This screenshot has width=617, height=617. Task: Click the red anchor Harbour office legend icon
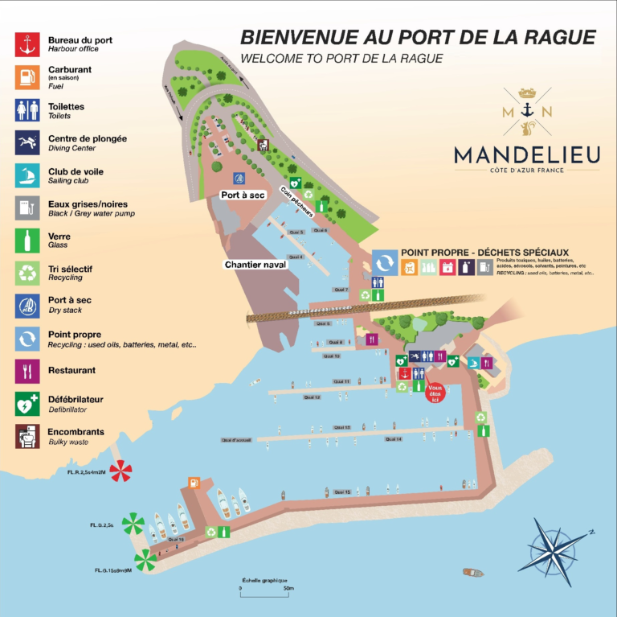27,43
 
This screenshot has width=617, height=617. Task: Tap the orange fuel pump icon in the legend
27,76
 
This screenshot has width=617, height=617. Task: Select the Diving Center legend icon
27,142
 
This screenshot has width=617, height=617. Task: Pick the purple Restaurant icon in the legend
27,371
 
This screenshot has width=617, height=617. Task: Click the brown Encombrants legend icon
27,436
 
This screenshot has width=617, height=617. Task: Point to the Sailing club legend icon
27,175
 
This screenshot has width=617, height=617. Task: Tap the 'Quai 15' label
342,491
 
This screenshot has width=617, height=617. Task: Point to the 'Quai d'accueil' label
237,440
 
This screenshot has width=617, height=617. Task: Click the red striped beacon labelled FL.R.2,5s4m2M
121,471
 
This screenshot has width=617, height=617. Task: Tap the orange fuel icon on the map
194,483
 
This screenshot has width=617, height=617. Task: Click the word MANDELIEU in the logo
525,153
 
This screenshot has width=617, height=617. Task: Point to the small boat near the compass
472,573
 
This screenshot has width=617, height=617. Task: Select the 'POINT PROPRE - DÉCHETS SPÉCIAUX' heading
484,253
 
